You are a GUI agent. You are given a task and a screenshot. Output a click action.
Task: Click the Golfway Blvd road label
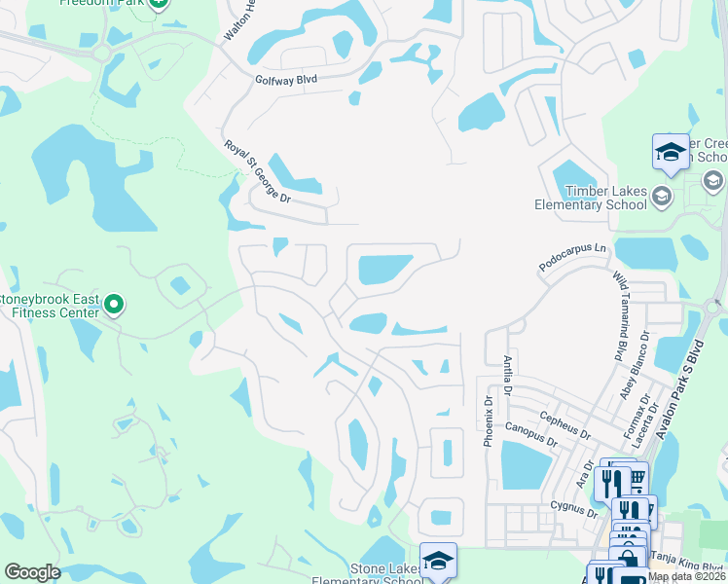pos(286,82)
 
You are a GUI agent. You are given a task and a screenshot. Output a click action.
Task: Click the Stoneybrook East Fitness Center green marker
pos(114,306)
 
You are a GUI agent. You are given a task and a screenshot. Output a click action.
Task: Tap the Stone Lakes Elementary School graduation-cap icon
pos(438,560)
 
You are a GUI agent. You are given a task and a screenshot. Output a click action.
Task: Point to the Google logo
pos(32,572)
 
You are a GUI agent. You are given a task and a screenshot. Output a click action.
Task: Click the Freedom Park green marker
pos(159,4)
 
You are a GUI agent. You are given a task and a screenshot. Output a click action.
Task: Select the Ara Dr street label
pos(584,468)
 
